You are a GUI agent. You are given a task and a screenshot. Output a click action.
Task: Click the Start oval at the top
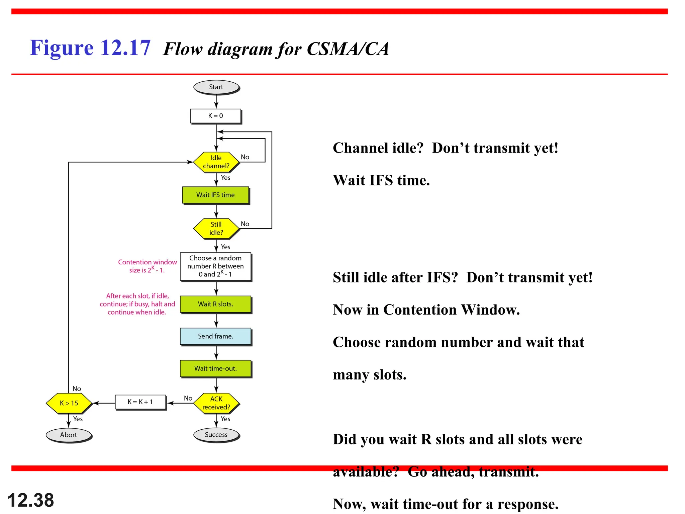(216, 87)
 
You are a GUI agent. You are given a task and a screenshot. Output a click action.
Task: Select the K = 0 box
(216, 116)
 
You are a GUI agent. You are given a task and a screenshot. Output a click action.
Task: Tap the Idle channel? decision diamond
(216, 162)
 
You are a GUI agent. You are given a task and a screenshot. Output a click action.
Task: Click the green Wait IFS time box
(216, 195)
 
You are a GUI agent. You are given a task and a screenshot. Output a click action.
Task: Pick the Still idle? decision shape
(216, 229)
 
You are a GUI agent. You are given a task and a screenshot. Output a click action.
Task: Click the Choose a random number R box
(216, 266)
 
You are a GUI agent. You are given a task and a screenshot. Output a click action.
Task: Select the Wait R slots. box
(216, 304)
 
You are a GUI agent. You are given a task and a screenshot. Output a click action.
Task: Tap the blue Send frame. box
(216, 336)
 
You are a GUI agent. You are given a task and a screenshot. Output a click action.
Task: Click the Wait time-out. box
(216, 368)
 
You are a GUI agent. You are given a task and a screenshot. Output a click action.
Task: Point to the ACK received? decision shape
(216, 403)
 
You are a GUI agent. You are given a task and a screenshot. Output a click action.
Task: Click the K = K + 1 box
(140, 402)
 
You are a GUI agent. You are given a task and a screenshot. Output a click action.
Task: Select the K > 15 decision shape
(69, 403)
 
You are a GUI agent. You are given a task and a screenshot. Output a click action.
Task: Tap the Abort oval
(69, 435)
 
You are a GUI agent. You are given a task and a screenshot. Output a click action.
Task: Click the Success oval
(216, 435)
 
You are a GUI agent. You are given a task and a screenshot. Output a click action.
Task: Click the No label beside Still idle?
(245, 224)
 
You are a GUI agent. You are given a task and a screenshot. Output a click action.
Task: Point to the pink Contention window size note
(147, 266)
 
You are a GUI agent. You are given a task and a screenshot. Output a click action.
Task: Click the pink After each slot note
(137, 304)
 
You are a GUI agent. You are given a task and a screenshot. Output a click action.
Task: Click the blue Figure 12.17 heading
(90, 48)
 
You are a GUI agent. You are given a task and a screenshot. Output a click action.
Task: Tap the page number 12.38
(31, 500)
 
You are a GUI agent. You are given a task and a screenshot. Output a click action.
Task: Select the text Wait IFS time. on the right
(381, 180)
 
